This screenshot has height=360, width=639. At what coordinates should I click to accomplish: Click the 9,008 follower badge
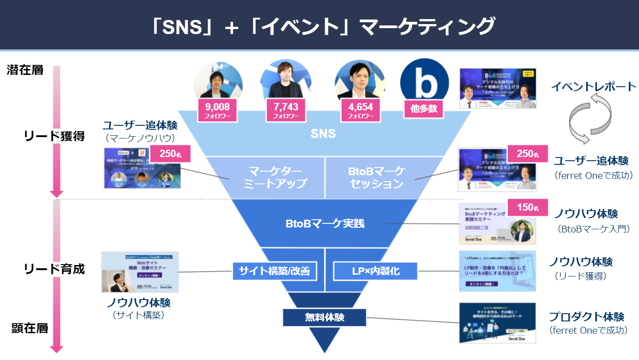(x=218, y=110)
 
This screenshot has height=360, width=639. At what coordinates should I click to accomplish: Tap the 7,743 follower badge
(x=286, y=110)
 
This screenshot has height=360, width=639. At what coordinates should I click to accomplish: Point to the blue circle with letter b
(x=424, y=82)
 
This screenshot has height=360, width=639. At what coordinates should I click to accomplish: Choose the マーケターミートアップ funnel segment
(x=275, y=178)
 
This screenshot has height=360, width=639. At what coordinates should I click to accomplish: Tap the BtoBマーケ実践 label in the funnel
(x=325, y=223)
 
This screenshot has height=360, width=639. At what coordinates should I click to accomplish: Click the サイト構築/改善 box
(x=274, y=271)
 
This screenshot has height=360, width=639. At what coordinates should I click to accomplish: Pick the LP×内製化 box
(x=376, y=271)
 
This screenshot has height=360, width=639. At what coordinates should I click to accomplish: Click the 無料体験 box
(x=324, y=317)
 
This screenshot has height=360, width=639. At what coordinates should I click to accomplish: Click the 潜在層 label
(x=25, y=70)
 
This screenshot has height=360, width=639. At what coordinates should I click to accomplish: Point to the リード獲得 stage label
(x=54, y=136)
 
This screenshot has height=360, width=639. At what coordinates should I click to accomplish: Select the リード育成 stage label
(x=54, y=269)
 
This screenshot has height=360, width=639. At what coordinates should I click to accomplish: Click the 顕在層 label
(x=30, y=328)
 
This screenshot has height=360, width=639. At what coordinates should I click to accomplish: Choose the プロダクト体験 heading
(x=586, y=316)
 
